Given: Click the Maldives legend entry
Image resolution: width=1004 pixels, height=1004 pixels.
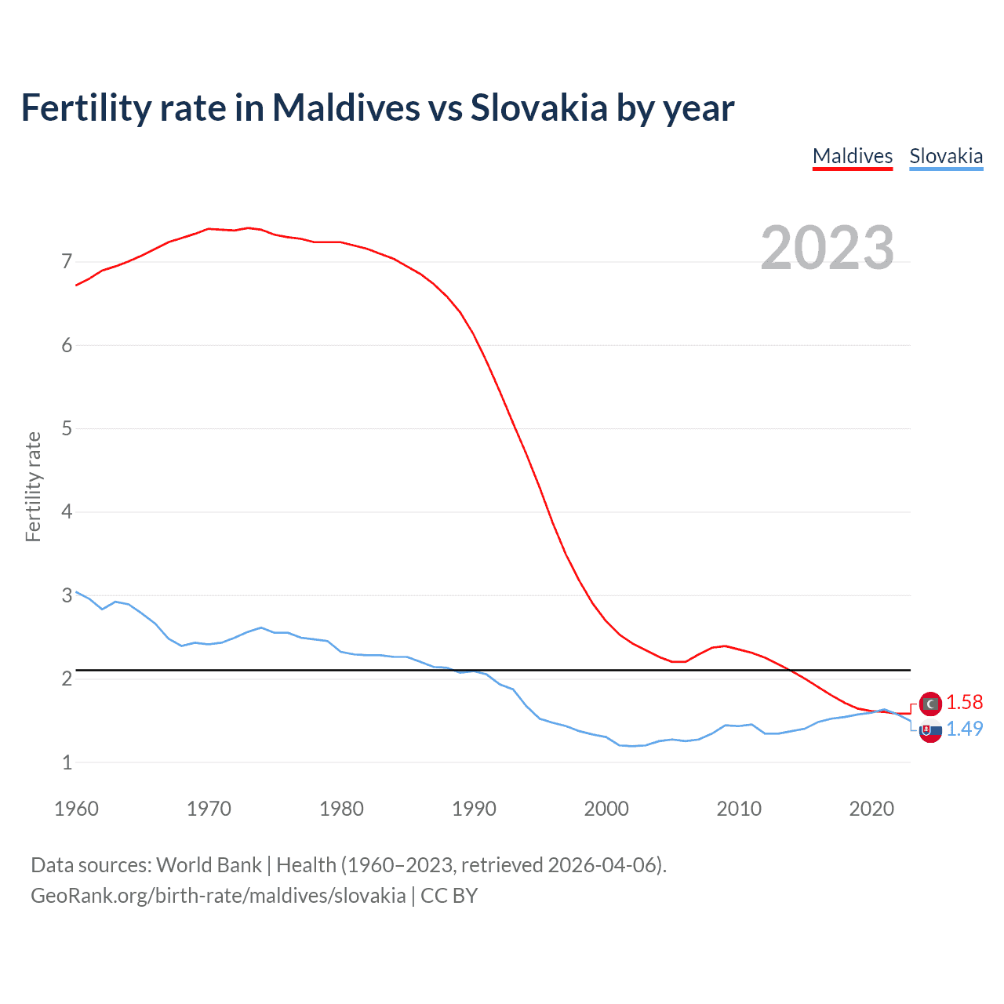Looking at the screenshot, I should [853, 156].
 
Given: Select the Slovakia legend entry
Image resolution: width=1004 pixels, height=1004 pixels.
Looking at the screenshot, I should [946, 156].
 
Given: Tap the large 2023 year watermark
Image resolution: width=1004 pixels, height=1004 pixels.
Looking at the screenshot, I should [828, 248].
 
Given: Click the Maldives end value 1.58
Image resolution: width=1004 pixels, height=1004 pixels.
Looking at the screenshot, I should [964, 703].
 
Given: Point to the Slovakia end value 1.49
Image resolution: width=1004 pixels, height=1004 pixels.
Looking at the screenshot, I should [964, 729].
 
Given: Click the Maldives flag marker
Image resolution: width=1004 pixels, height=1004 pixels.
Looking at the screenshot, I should [930, 704].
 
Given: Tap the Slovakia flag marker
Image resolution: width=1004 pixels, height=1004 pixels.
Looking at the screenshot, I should [930, 731].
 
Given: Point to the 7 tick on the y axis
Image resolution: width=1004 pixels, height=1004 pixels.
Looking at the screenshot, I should [67, 262].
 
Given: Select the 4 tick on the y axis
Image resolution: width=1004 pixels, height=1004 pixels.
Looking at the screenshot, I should [67, 512].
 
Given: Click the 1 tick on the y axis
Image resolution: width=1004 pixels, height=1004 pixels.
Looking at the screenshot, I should [67, 762].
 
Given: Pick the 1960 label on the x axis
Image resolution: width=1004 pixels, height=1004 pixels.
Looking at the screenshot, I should [76, 809].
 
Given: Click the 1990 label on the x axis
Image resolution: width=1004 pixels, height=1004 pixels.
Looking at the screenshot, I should [474, 809].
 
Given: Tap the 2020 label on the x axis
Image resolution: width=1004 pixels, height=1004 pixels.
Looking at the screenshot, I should [871, 809].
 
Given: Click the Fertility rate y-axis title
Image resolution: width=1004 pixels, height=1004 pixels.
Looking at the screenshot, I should [33, 486].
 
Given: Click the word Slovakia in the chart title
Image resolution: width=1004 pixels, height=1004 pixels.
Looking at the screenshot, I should [539, 108].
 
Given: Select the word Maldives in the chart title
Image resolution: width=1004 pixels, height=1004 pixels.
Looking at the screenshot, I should [346, 108].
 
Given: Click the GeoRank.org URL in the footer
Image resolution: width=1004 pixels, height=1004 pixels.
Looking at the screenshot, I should [218, 896].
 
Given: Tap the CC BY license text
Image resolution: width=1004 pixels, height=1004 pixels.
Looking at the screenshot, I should [449, 896].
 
